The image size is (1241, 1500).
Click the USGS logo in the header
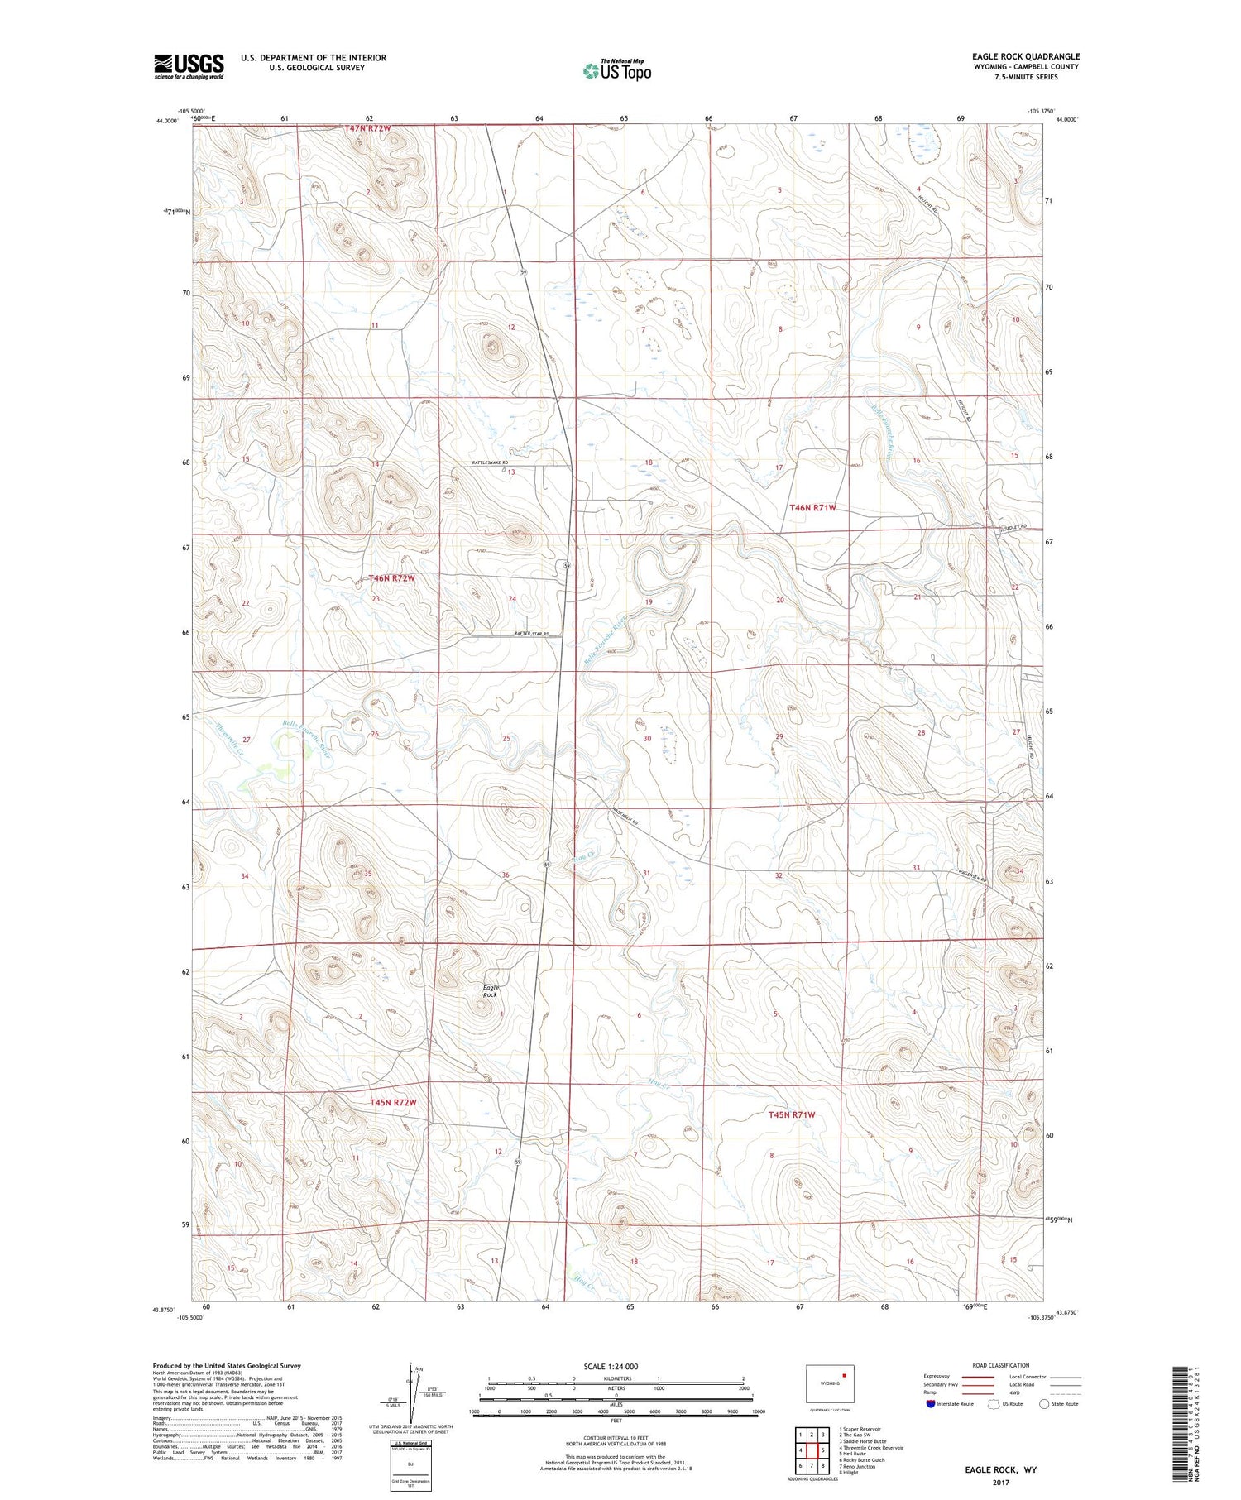coord(189,66)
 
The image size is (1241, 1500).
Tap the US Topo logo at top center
coord(617,70)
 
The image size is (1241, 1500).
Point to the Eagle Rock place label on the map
coord(491,990)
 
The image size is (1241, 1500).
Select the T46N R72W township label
coord(391,578)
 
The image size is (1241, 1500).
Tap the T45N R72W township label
coord(392,1103)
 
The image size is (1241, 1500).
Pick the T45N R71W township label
coord(792,1114)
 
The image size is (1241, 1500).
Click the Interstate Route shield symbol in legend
coord(930,1403)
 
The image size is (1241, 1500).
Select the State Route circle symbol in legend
coord(1044,1403)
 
